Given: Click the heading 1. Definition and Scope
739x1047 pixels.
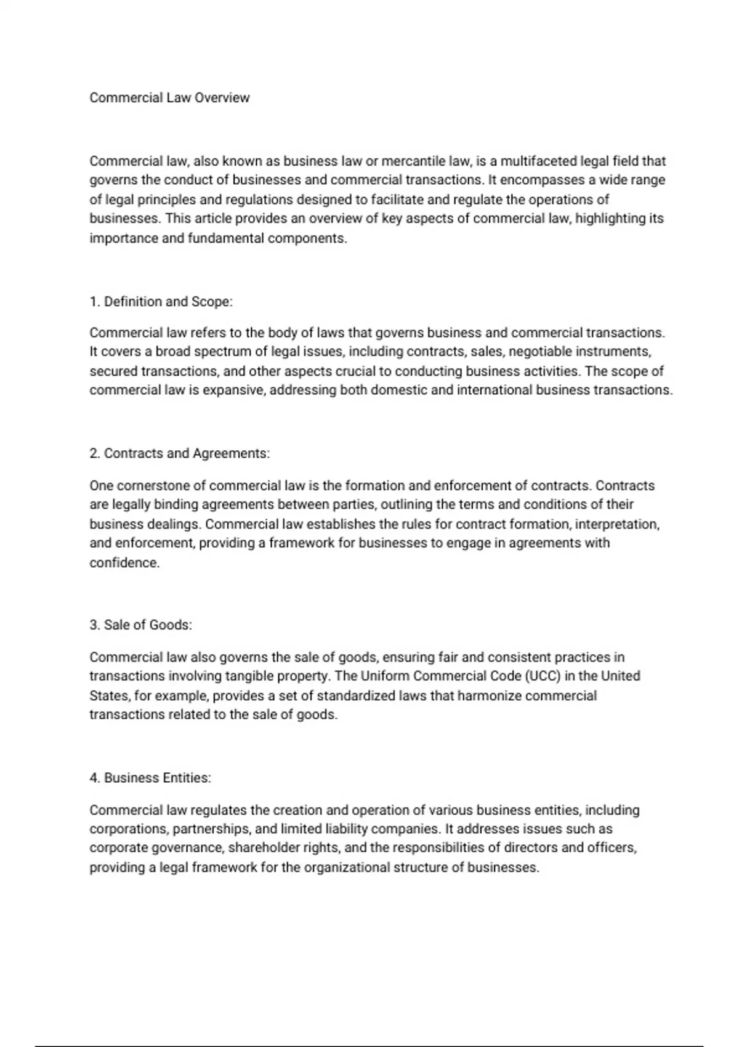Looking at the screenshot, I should (161, 302).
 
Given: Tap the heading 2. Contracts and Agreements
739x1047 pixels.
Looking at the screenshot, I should (179, 453).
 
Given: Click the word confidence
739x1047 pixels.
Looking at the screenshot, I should (124, 563).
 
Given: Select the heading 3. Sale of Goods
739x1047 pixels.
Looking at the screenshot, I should (140, 625).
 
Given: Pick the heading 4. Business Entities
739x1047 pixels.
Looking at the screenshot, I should (150, 778).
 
